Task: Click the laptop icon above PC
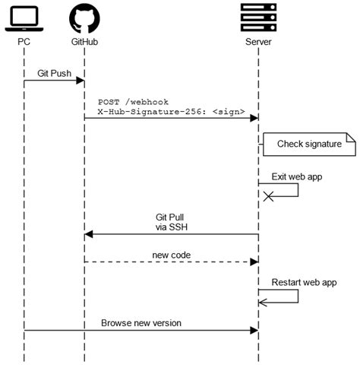[24, 18]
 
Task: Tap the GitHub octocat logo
[84, 18]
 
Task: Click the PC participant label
[24, 41]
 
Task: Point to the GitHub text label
[84, 41]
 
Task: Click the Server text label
[258, 41]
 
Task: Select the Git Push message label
[54, 73]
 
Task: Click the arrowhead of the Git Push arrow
[81, 81]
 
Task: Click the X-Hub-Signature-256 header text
[171, 112]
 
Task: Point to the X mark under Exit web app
[267, 196]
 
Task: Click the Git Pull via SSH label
[171, 221]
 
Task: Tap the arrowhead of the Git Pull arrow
[88, 234]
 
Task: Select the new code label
[171, 254]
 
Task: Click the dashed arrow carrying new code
[171, 262]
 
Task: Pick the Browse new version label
[141, 322]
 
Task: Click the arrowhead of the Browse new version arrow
[254, 331]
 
